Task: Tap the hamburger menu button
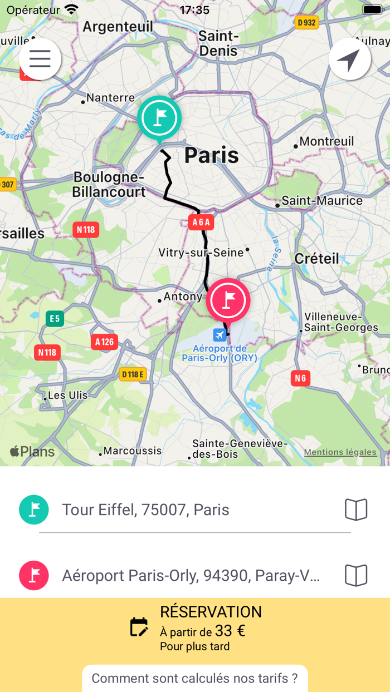tap(40, 58)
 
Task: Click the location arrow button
tap(350, 59)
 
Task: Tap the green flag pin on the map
tap(159, 118)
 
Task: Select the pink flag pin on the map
tap(228, 300)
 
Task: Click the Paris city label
tap(211, 156)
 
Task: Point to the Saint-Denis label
tap(218, 43)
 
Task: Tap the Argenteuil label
tap(118, 26)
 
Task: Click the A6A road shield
tap(201, 223)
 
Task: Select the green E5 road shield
tap(55, 319)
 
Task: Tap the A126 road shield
tap(105, 342)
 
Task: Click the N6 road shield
tap(300, 378)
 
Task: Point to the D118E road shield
tap(133, 374)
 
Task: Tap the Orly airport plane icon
tap(220, 335)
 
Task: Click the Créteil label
tap(316, 258)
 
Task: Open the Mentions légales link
tap(340, 452)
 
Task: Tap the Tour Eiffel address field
tap(189, 510)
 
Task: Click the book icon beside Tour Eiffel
tap(356, 510)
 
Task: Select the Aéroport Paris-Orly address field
tap(191, 575)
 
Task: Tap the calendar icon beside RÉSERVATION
tap(139, 627)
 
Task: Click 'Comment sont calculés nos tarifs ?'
tap(195, 679)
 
